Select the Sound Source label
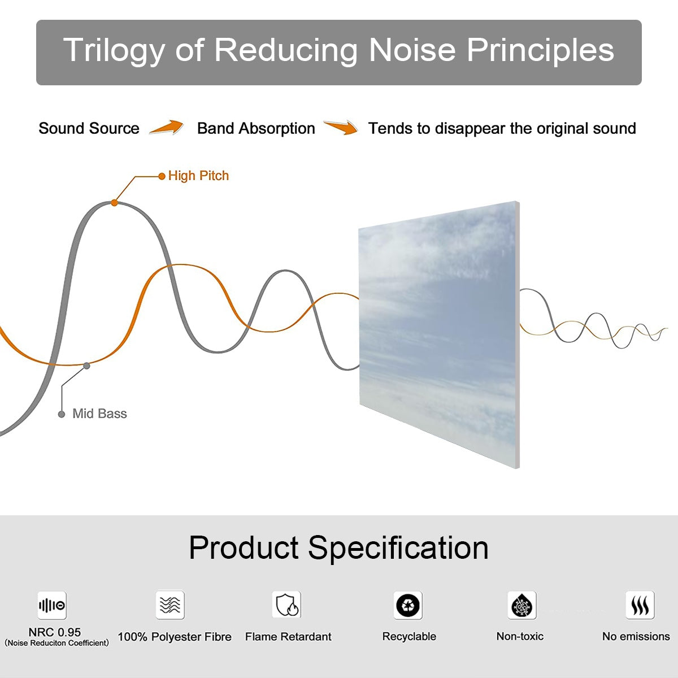(89, 129)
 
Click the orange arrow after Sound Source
(167, 128)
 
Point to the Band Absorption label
(256, 129)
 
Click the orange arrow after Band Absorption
(341, 128)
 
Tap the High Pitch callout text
(198, 176)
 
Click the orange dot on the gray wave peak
(114, 202)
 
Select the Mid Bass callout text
(99, 414)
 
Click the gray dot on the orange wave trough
(86, 366)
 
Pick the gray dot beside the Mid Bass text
(62, 414)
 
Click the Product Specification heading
(338, 548)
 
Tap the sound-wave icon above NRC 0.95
(52, 606)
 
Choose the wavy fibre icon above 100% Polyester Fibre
(170, 605)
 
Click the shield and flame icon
(286, 605)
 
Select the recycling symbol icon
(408, 605)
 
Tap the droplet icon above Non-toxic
(522, 606)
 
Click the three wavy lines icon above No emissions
(640, 606)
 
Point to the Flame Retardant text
(288, 637)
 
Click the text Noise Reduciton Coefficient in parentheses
(56, 643)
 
